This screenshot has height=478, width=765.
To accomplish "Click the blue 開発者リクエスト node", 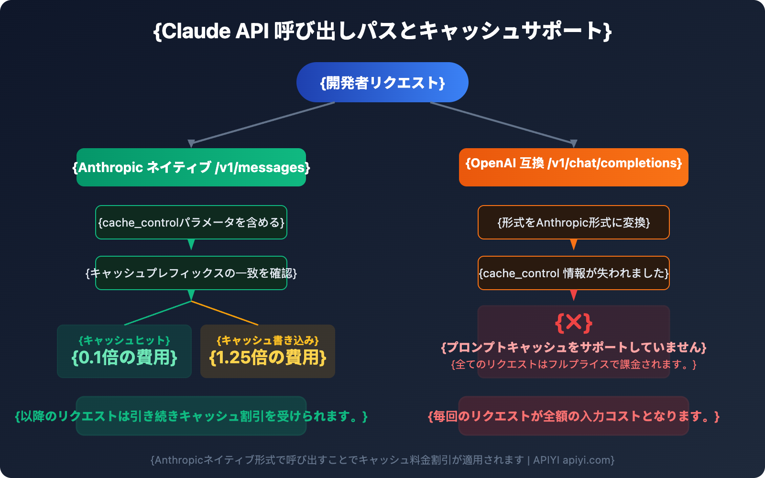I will [x=382, y=82].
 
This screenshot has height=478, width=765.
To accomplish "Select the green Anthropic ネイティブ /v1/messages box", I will [x=191, y=167].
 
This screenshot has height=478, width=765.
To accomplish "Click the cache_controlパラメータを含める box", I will [x=191, y=222].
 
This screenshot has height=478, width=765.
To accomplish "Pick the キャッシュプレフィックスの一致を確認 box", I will [x=191, y=273].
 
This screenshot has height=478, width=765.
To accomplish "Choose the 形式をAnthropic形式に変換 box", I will [x=574, y=222].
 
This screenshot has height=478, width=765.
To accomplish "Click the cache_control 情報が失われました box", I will [x=574, y=273].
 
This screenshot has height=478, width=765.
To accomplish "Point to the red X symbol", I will [x=574, y=323].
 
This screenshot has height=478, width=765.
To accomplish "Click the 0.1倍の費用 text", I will [x=124, y=357].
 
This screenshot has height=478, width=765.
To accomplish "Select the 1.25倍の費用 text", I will [x=268, y=357].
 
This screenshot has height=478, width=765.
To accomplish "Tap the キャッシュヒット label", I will [x=124, y=340].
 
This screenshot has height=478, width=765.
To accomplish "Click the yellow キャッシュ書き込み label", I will [x=268, y=340].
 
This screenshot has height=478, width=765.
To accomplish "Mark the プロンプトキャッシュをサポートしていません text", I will [x=574, y=347].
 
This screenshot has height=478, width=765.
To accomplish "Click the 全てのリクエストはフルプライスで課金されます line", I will [x=574, y=364].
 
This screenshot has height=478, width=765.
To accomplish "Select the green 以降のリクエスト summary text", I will [x=191, y=416].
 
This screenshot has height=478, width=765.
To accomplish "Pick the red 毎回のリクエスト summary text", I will [x=574, y=416].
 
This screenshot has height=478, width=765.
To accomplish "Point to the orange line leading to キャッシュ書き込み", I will [x=225, y=313].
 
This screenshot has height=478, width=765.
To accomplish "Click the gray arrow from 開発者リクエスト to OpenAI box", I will [x=502, y=123].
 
